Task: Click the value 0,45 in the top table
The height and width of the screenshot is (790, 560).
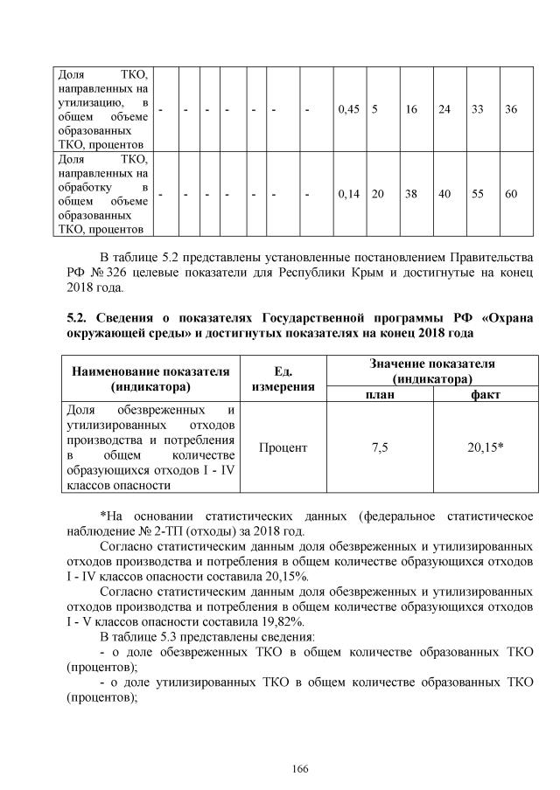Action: (x=348, y=109)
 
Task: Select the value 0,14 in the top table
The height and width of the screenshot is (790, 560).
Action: (x=348, y=194)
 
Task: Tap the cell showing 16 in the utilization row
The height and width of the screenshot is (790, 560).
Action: (x=411, y=109)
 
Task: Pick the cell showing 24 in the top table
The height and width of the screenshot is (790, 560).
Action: (x=444, y=109)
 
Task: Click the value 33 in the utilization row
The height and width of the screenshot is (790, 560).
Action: (x=479, y=109)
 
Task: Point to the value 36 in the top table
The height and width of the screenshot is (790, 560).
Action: (x=512, y=109)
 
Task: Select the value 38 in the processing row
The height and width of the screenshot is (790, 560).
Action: (x=411, y=194)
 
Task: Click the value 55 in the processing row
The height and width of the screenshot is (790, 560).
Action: (x=479, y=194)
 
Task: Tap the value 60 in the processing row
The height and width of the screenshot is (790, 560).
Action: (x=512, y=194)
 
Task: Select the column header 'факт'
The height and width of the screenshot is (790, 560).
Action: (x=486, y=394)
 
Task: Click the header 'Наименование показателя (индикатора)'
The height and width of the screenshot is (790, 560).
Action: (x=150, y=378)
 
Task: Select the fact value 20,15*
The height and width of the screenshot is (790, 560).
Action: (x=486, y=447)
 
